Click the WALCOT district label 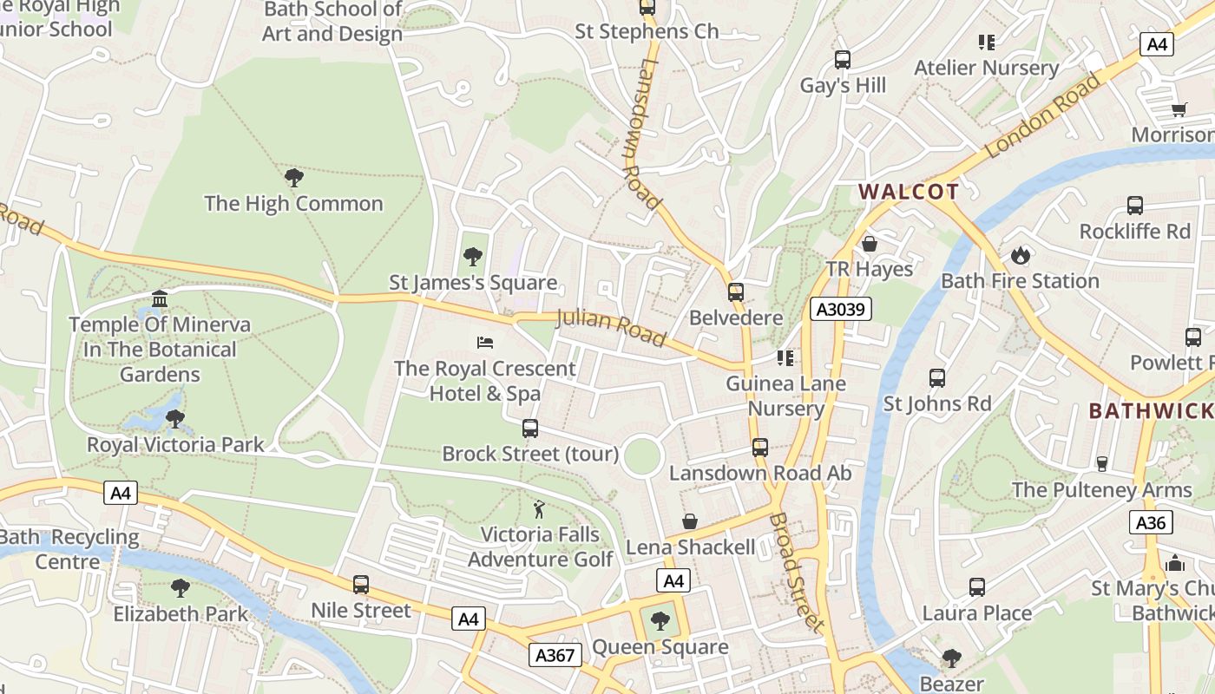click(x=909, y=193)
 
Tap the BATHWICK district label click(x=1151, y=410)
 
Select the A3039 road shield click(x=840, y=309)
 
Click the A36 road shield click(x=1151, y=522)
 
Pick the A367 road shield click(x=555, y=655)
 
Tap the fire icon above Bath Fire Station click(x=1020, y=255)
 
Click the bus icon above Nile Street click(x=361, y=585)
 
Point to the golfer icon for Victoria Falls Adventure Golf click(x=539, y=509)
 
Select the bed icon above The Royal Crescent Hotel click(x=485, y=343)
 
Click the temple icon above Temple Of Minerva click(x=160, y=299)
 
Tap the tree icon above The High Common click(x=293, y=178)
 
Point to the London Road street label click(x=1043, y=115)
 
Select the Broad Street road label click(x=796, y=571)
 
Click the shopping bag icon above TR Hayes click(x=869, y=244)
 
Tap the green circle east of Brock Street click(x=642, y=455)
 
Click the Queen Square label click(x=660, y=647)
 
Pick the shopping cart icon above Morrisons click(x=1179, y=109)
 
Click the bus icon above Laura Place click(x=977, y=587)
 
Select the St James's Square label click(x=473, y=283)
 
